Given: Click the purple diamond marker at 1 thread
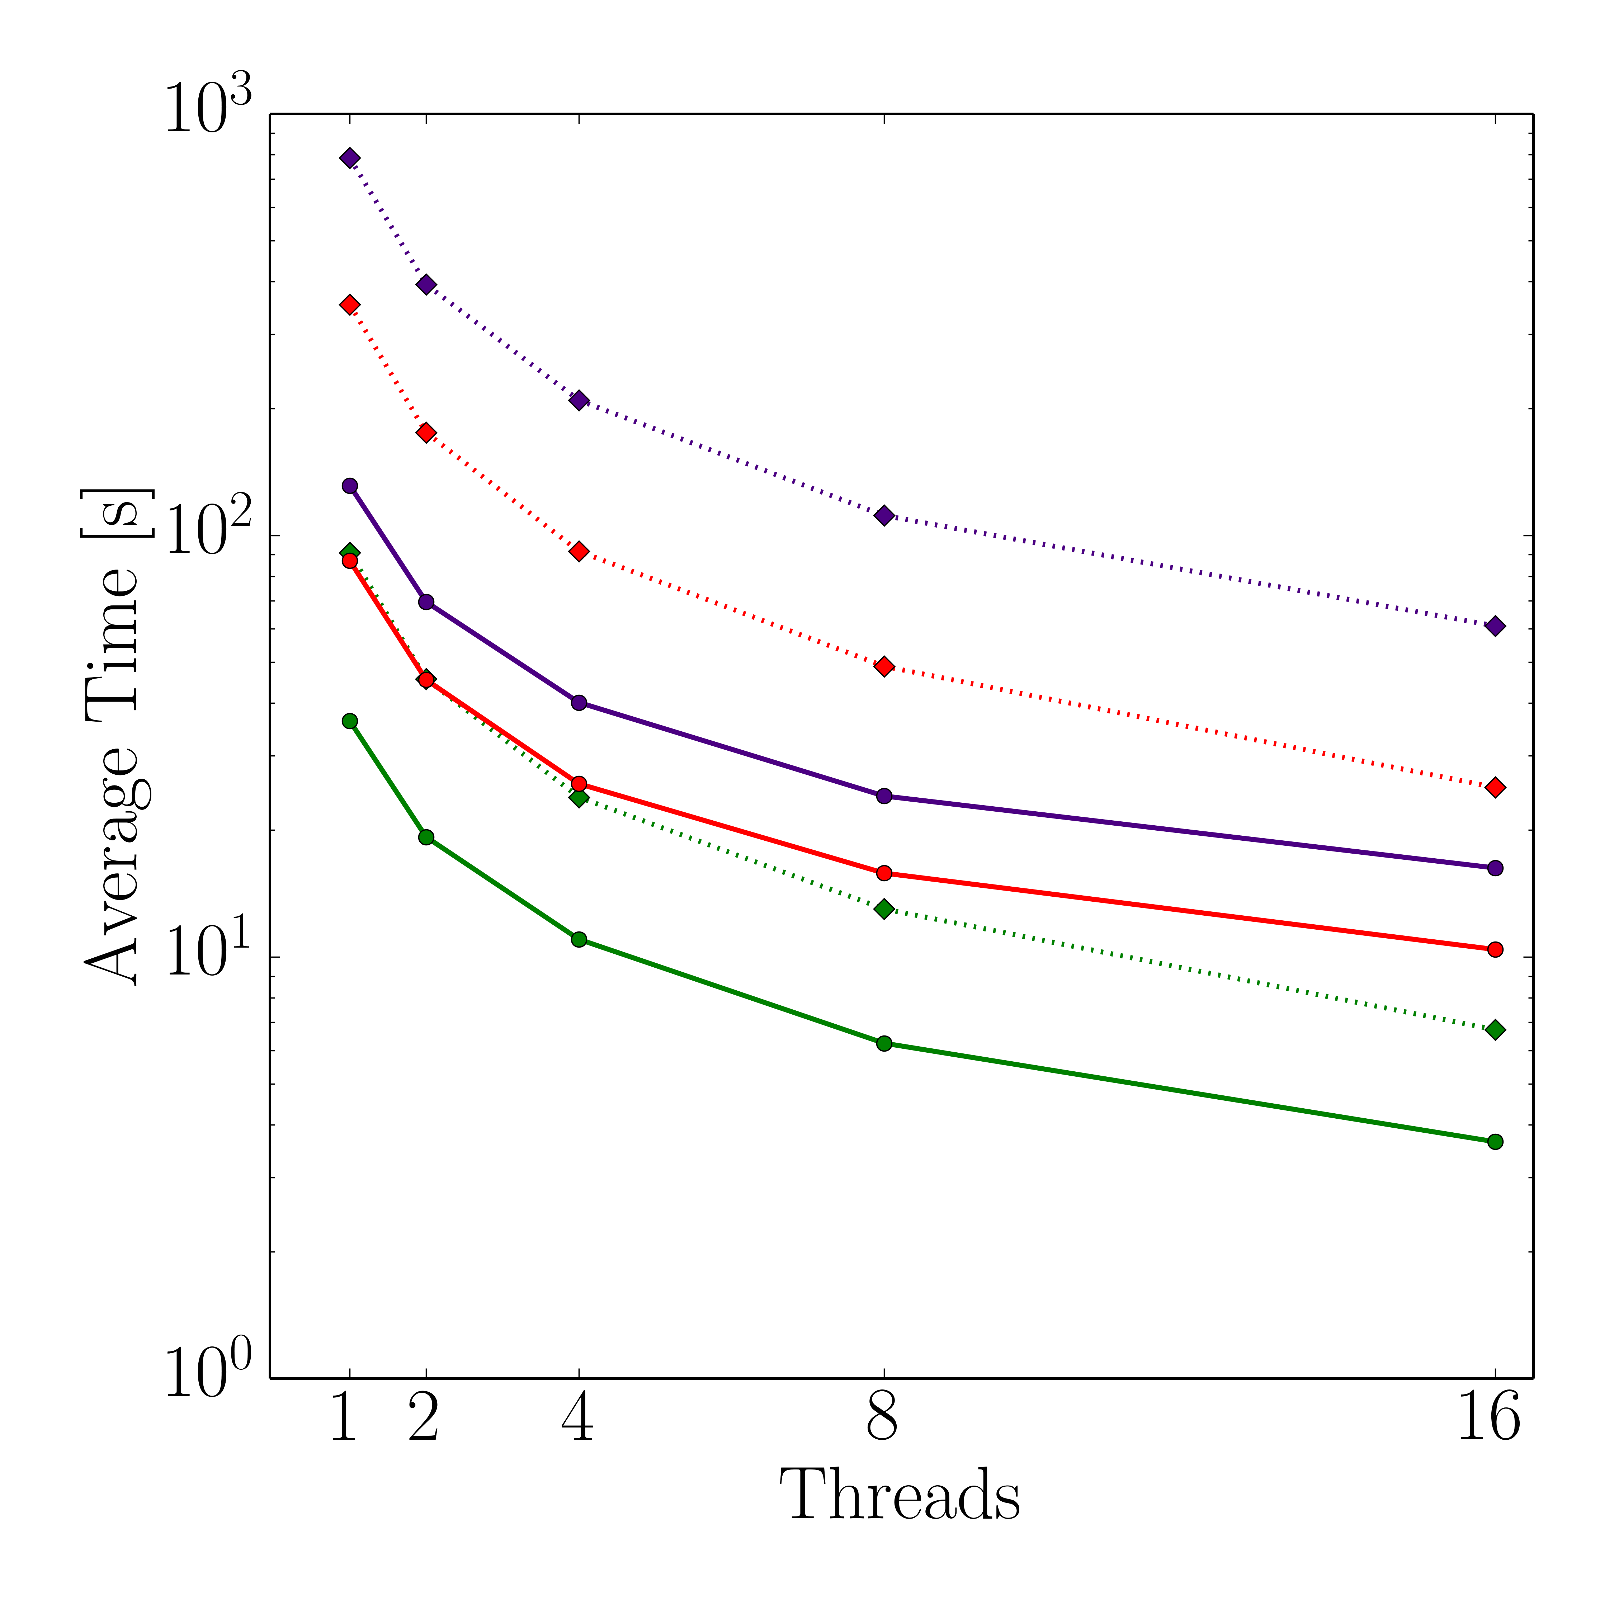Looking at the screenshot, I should click(x=350, y=158).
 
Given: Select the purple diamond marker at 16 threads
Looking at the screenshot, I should click(x=1495, y=626).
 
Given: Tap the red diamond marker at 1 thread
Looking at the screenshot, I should click(x=350, y=305).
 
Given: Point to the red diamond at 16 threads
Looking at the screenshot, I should click(x=1495, y=787).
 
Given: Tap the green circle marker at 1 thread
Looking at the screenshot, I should click(x=350, y=721).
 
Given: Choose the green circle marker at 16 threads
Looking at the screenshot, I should click(x=1495, y=1141).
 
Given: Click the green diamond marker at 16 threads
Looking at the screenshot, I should click(x=1495, y=1030).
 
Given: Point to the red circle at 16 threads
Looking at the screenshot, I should click(x=1495, y=949).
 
